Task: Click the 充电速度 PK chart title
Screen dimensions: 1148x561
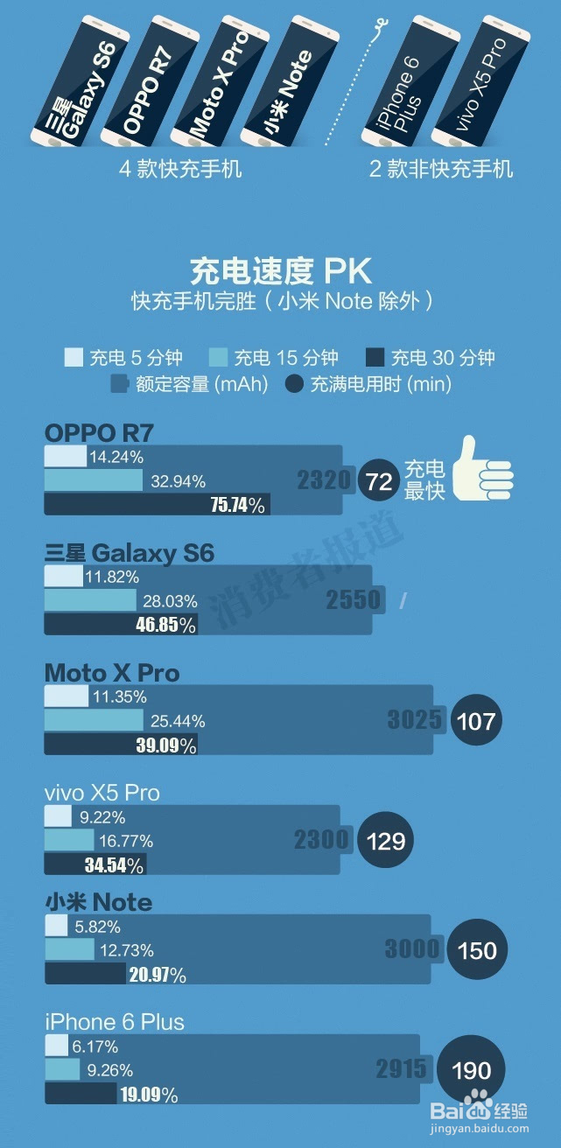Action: (x=280, y=271)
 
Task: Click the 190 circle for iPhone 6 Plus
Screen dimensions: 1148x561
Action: (x=472, y=1069)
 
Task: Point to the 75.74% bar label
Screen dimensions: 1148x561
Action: (x=238, y=505)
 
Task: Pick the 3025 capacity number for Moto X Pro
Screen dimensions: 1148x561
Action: (x=415, y=720)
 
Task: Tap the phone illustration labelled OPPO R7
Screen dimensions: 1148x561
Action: (x=144, y=80)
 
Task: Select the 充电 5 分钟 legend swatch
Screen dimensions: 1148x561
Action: (x=74, y=357)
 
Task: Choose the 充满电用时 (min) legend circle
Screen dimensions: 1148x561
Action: (x=295, y=383)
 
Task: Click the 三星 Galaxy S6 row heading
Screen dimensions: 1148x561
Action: (x=130, y=553)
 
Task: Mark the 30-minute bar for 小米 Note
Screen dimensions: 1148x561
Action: (x=86, y=974)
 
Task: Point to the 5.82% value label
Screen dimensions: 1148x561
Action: (x=99, y=927)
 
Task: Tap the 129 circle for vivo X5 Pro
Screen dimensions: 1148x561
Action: (x=386, y=841)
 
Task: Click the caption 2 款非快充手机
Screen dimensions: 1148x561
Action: (x=440, y=169)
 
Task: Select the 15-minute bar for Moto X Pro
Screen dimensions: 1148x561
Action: (x=94, y=720)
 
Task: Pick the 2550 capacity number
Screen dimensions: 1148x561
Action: (x=354, y=599)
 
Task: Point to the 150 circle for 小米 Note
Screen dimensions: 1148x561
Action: (x=477, y=950)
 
